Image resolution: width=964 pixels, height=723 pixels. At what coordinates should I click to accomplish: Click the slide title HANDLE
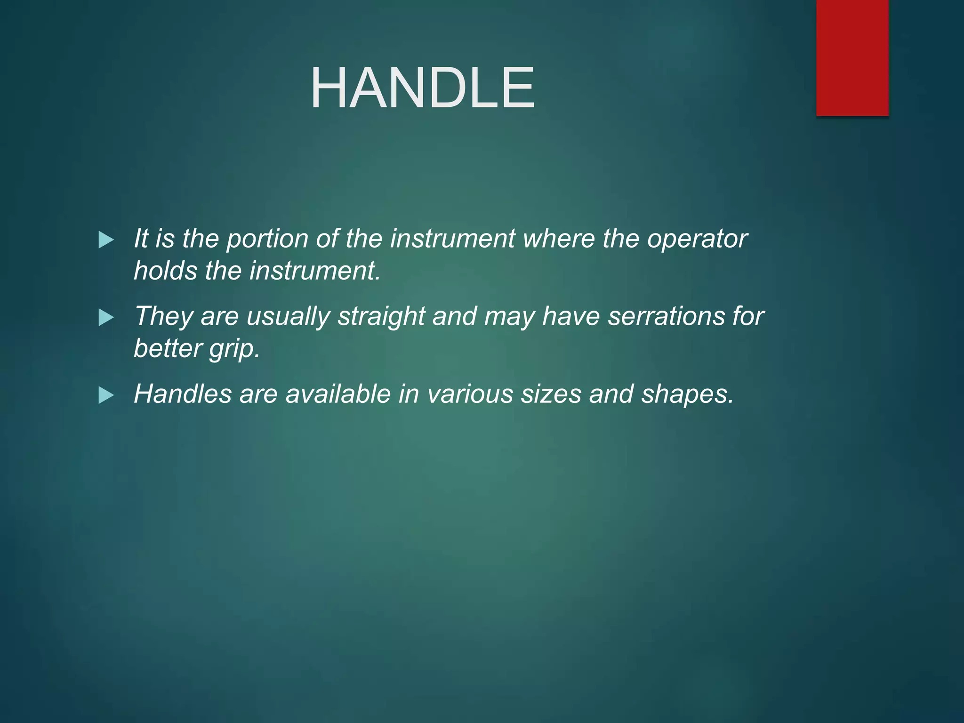click(x=422, y=88)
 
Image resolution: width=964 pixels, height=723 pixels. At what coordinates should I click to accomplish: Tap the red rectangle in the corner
click(x=852, y=57)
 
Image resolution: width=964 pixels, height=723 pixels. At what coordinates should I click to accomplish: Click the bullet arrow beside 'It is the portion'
click(x=106, y=240)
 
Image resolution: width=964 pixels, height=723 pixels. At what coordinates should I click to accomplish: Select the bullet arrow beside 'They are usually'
click(x=106, y=318)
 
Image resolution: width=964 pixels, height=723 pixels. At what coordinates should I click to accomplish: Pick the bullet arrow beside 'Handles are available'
click(x=106, y=395)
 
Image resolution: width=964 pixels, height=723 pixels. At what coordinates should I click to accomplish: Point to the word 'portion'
click(x=267, y=239)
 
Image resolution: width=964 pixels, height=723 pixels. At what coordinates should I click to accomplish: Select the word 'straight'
click(x=381, y=316)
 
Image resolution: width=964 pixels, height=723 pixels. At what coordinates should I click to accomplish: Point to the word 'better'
click(x=168, y=348)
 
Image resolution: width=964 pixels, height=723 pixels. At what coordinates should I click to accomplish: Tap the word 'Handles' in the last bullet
click(x=183, y=394)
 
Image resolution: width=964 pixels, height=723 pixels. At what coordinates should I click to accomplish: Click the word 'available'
click(x=338, y=394)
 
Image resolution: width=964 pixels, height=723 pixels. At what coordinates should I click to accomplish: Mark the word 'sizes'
click(x=551, y=394)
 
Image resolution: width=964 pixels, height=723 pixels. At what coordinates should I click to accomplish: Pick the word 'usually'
click(x=289, y=316)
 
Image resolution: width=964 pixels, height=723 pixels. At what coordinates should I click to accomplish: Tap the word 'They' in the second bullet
click(x=163, y=316)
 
